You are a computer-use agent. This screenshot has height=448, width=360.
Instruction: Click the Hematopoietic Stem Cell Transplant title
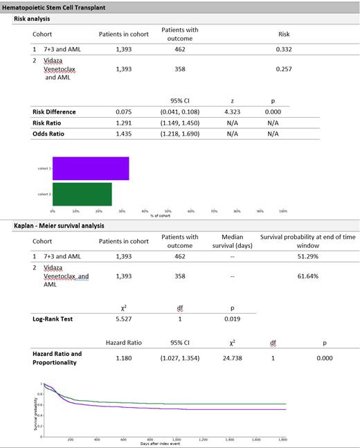tap(57, 6)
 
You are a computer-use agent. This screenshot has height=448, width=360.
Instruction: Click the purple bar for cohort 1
tap(90, 168)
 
